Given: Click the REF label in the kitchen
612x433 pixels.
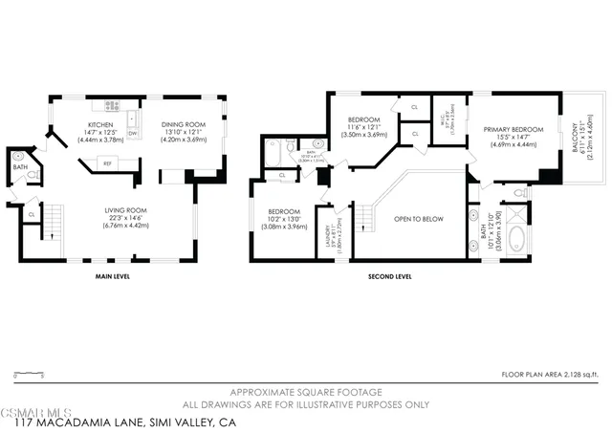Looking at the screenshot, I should [107, 163].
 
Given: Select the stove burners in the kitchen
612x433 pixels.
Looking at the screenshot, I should [113, 106].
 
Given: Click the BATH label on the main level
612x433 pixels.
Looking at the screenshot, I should [20, 167].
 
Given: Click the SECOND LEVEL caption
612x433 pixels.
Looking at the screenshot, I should [389, 277].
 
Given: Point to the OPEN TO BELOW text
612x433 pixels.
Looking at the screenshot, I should [419, 219].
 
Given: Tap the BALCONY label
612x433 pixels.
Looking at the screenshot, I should [577, 140].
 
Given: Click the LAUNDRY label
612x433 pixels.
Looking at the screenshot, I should [330, 231].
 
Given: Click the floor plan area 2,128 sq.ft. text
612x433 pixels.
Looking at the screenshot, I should [553, 376].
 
